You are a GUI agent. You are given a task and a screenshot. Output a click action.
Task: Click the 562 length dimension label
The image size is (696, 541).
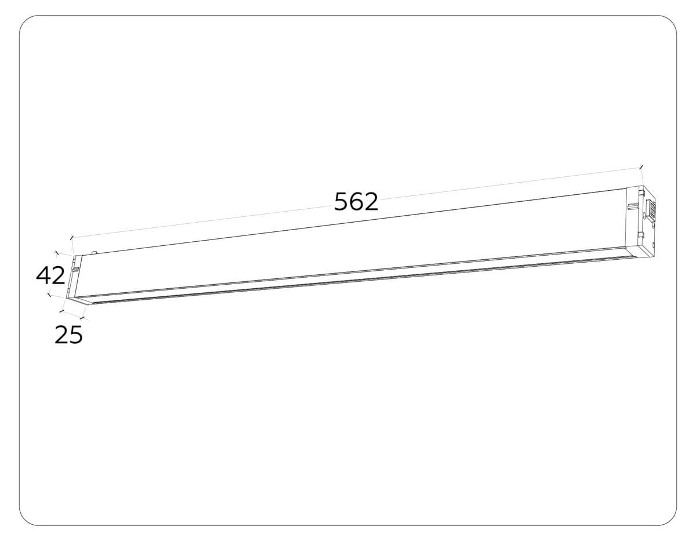tap(356, 201)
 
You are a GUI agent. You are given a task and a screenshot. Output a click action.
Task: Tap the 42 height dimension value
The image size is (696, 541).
tap(50, 275)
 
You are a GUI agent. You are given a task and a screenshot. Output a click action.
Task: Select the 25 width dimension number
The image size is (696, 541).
tap(68, 335)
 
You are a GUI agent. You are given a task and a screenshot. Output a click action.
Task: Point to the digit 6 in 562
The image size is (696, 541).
tap(356, 201)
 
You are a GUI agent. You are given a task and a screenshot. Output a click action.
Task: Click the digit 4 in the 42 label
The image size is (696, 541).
tap(43, 275)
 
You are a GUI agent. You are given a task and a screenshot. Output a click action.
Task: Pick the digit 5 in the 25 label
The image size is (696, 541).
tap(76, 335)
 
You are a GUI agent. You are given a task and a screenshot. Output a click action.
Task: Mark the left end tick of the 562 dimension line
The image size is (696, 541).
tap(71, 237)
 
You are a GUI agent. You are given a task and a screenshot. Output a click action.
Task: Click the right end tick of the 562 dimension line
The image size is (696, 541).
tap(641, 167)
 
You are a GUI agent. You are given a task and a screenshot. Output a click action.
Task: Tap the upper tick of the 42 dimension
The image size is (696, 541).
tap(56, 253)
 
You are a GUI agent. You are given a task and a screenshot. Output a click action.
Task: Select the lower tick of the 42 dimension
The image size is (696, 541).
tap(49, 295)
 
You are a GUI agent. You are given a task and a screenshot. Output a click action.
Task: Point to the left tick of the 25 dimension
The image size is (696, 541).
tap(61, 311)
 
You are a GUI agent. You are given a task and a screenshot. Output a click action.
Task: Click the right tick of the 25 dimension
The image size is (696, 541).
tap(85, 318)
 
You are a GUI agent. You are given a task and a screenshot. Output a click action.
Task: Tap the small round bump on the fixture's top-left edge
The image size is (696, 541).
tap(94, 252)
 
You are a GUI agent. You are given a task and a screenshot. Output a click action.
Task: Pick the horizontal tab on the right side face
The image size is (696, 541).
tap(633, 206)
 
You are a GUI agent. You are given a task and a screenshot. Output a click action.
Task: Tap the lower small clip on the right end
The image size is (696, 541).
tap(640, 235)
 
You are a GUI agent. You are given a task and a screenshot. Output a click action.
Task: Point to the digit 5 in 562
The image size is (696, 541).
tap(342, 201)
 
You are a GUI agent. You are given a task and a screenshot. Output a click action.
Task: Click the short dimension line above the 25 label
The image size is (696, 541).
tap(73, 314)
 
